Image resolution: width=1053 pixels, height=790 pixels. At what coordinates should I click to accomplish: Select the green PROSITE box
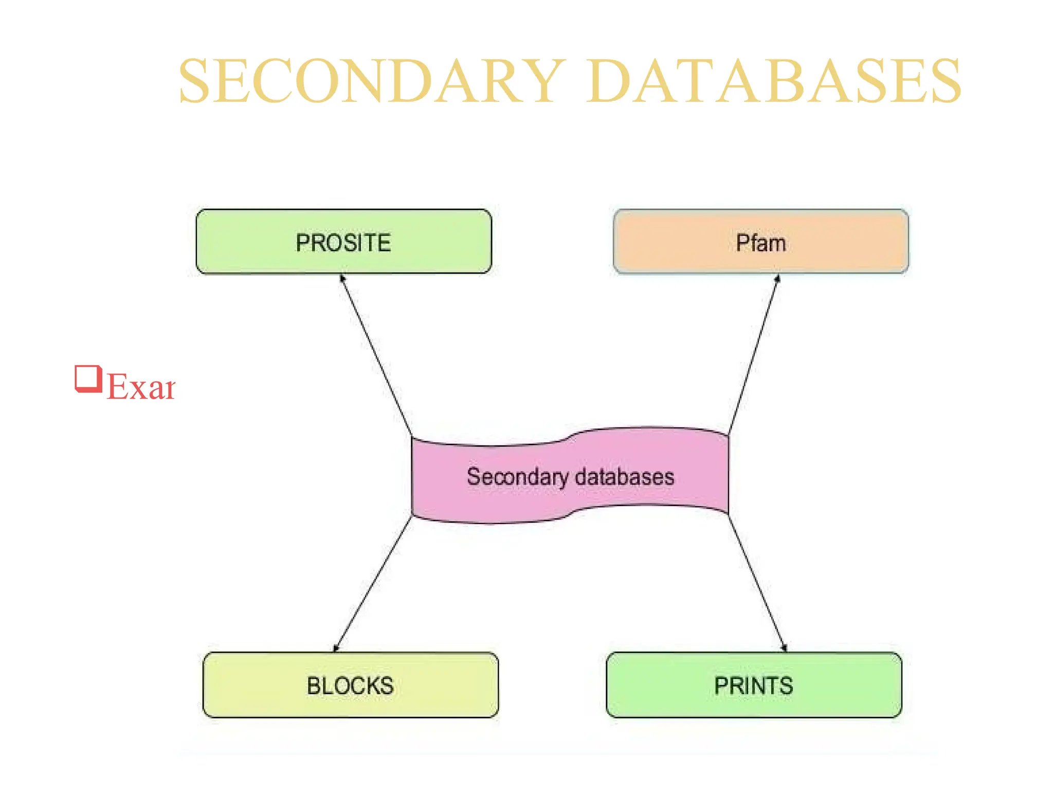click(343, 242)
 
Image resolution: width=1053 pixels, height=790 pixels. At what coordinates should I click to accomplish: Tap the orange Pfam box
click(761, 242)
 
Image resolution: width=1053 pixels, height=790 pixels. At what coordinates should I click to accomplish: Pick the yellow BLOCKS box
click(351, 685)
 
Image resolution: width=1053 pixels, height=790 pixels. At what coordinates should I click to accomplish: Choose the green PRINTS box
click(754, 685)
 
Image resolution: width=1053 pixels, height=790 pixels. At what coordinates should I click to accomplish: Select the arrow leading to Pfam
click(753, 355)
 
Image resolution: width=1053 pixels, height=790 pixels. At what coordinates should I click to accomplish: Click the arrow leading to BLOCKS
click(373, 583)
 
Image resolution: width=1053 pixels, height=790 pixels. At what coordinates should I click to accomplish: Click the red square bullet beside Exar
click(88, 379)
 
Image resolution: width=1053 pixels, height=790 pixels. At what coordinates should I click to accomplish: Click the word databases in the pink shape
click(625, 477)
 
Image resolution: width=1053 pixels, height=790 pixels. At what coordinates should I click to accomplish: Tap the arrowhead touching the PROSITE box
click(342, 279)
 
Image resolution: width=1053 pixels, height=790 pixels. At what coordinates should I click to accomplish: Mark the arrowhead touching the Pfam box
click(777, 279)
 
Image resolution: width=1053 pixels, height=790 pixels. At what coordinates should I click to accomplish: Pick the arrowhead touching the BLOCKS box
click(336, 648)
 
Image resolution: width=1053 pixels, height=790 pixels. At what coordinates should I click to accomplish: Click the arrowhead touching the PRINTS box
click(784, 648)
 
